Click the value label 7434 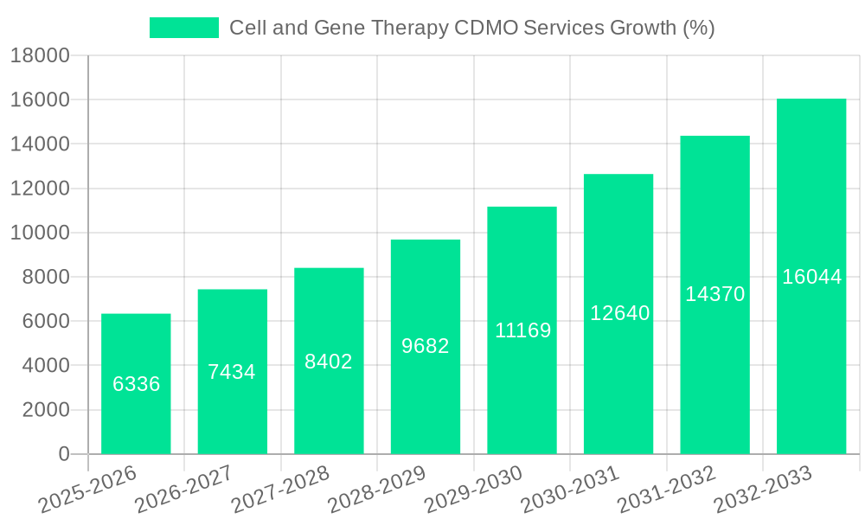pos(232,372)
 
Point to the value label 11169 pos(522,330)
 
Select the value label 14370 pos(715,294)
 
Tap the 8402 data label pos(329,362)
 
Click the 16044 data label pos(811,277)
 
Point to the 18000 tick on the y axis pos(40,56)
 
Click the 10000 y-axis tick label pos(40,233)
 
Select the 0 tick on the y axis pos(63,454)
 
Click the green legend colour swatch pos(184,28)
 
